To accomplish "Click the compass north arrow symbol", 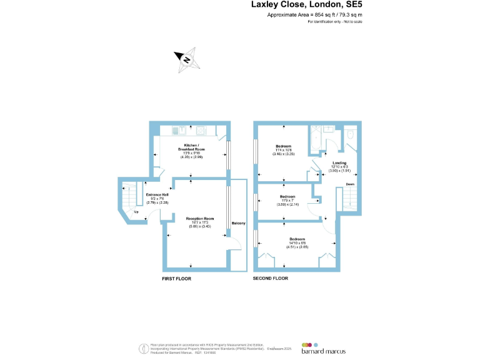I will pos(186,59).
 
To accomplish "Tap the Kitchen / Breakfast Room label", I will pos(191,148).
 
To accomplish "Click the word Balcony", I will pos(238,223).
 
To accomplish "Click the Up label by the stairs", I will pos(136,211).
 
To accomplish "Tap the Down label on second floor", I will pos(350,184).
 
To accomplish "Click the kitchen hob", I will pos(201,130).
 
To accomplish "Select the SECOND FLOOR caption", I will pos(270,278).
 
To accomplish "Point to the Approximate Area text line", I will pos(314,14).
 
